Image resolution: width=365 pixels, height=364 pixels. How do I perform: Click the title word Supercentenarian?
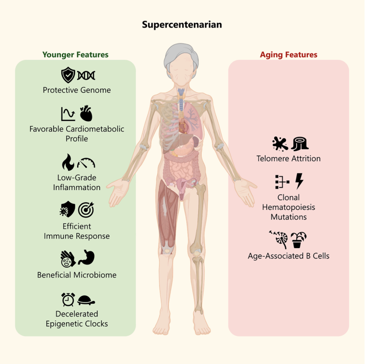(182, 25)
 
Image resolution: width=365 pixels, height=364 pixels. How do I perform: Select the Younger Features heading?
(75, 55)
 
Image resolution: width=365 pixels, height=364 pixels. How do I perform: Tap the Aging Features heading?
(289, 55)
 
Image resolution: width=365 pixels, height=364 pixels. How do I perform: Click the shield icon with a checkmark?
(68, 75)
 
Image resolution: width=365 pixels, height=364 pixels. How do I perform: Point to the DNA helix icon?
(86, 75)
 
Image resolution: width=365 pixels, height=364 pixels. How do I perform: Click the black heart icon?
(86, 114)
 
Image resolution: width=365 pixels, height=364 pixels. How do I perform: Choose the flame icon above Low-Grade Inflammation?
(68, 162)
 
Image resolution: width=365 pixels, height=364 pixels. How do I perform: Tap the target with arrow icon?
(86, 209)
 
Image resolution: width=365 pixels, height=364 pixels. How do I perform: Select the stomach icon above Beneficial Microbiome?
(87, 258)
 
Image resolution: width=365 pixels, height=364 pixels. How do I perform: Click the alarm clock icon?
(68, 299)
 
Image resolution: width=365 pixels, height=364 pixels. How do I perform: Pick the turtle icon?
(86, 300)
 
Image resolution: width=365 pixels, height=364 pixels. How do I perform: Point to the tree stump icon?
(300, 144)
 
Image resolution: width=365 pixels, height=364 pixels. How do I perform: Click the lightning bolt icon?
(299, 181)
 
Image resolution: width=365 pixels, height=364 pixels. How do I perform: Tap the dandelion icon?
(279, 239)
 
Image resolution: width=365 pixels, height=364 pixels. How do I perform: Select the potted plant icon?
(298, 240)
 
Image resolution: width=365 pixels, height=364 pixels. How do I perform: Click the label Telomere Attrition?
(289, 159)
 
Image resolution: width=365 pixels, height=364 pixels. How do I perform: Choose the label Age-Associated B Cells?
(289, 256)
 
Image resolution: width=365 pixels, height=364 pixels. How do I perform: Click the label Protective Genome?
(77, 90)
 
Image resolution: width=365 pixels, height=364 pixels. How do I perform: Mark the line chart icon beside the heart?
(68, 114)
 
